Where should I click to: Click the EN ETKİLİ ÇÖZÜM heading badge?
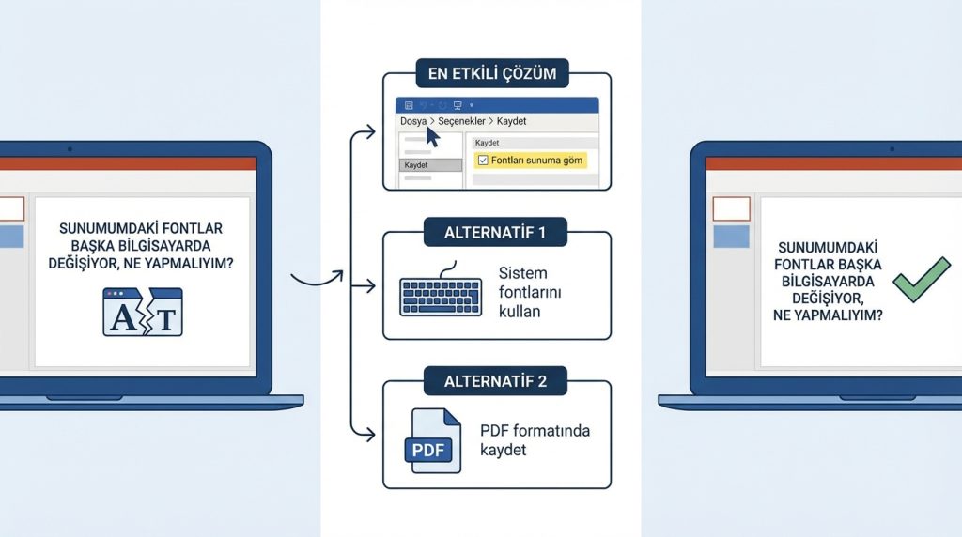coord(496,71)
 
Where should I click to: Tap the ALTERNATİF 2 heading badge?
coord(496,380)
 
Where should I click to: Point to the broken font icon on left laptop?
coord(142,313)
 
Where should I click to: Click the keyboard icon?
coord(440,294)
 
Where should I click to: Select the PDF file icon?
coord(432,439)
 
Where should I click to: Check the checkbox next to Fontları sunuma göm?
coord(483,161)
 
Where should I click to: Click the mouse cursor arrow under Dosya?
coord(432,136)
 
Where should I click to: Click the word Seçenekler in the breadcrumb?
coord(460,121)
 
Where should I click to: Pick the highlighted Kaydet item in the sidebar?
coord(430,165)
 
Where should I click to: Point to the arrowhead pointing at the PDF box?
coord(369,435)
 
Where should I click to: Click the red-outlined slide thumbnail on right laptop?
coord(732,208)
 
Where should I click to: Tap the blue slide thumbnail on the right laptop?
coord(732,236)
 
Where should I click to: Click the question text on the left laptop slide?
coord(141,246)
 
